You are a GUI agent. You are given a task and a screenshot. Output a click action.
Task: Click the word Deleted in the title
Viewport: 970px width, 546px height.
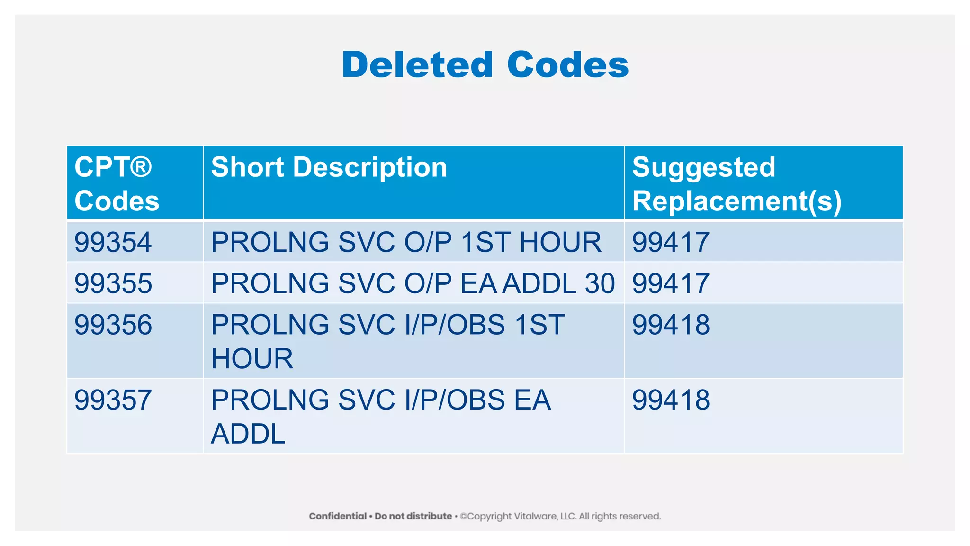[x=417, y=65]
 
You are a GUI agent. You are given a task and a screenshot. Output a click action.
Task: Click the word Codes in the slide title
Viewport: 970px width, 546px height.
[x=568, y=65]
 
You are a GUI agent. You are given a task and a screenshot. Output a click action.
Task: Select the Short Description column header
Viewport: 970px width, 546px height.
[x=329, y=167]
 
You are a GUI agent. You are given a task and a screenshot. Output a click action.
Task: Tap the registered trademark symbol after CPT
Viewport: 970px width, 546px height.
[x=141, y=167]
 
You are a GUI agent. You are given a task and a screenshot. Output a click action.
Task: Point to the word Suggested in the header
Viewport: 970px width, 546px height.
[x=703, y=167]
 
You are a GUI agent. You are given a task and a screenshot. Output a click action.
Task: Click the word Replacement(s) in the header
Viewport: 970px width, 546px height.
[x=736, y=201]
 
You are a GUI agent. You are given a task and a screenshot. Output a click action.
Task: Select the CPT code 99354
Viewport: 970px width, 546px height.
[x=113, y=242]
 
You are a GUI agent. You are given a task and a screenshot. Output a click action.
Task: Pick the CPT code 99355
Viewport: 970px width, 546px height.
[x=113, y=283]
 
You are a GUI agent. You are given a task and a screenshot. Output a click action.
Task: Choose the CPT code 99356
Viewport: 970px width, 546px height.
[x=113, y=325]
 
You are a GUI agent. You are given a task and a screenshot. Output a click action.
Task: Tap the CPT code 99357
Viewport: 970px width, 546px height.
[x=113, y=400]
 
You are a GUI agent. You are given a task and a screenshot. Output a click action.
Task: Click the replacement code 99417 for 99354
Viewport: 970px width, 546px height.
[x=671, y=242]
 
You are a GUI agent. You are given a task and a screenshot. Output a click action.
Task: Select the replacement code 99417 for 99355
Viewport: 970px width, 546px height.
[x=671, y=283]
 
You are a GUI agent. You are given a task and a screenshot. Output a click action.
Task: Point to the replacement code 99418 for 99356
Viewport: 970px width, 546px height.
[x=671, y=325]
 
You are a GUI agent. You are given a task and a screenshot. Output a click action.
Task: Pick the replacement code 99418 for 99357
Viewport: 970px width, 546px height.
[x=671, y=400]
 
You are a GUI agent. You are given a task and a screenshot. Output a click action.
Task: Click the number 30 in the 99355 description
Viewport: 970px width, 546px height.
[x=600, y=283]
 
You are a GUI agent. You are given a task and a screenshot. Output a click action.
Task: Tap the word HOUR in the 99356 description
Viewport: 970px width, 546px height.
[x=252, y=359]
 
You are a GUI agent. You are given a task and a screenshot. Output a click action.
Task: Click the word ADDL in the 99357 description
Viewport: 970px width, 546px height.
[x=248, y=434]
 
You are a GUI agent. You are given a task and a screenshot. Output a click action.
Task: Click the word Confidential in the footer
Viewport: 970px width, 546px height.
[x=338, y=516]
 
